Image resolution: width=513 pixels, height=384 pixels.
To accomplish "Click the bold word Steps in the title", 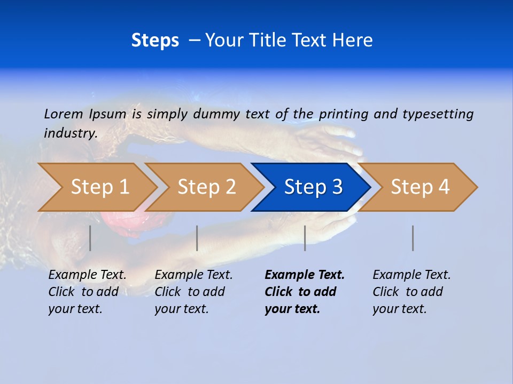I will (155, 41).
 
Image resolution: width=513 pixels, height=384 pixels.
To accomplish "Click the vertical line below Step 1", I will (90, 238).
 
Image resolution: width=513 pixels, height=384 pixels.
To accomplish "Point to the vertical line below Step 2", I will (197, 238).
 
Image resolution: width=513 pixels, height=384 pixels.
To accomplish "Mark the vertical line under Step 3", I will (305, 238).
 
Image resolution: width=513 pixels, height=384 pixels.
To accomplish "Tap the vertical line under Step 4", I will (413, 238).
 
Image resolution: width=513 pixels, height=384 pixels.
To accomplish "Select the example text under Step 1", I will (87, 292).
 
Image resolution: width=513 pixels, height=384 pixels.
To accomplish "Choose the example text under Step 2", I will (193, 292).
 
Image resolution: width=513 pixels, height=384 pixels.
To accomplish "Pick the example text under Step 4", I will (411, 292).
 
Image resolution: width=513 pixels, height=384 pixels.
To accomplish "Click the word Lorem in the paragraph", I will (63, 114).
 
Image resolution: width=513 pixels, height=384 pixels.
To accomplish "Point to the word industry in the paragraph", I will (70, 133).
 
